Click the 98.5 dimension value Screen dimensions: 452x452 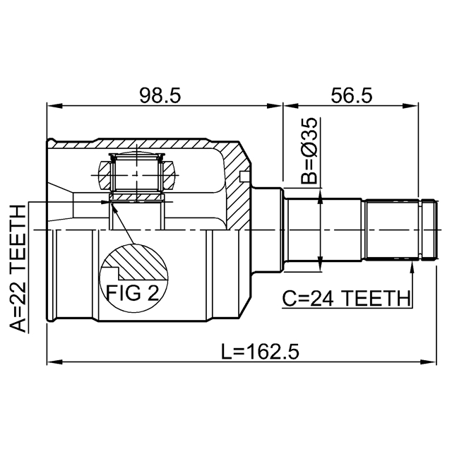coord(160,95)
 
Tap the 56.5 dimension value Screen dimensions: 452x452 coord(352,95)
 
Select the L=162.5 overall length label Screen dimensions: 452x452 coord(260,352)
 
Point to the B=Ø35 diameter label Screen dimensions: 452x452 coord(309,150)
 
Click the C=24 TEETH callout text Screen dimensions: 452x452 coord(346,298)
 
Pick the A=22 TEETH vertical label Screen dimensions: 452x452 coord(18,268)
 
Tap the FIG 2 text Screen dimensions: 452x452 coord(132,292)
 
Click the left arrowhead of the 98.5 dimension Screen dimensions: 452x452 coord(54,106)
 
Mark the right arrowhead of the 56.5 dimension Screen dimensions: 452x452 coord(410,106)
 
